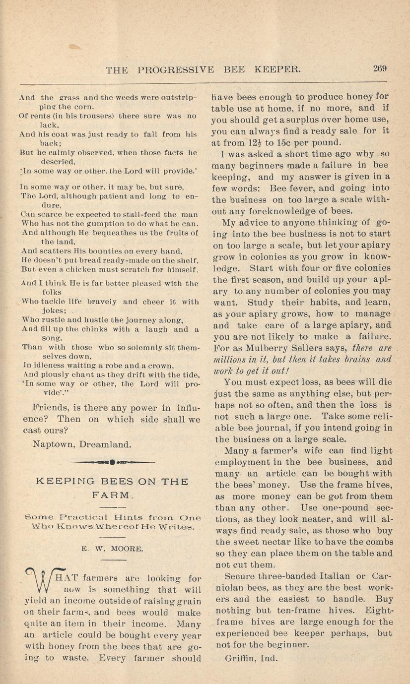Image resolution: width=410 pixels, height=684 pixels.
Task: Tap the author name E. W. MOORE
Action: click(112, 549)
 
